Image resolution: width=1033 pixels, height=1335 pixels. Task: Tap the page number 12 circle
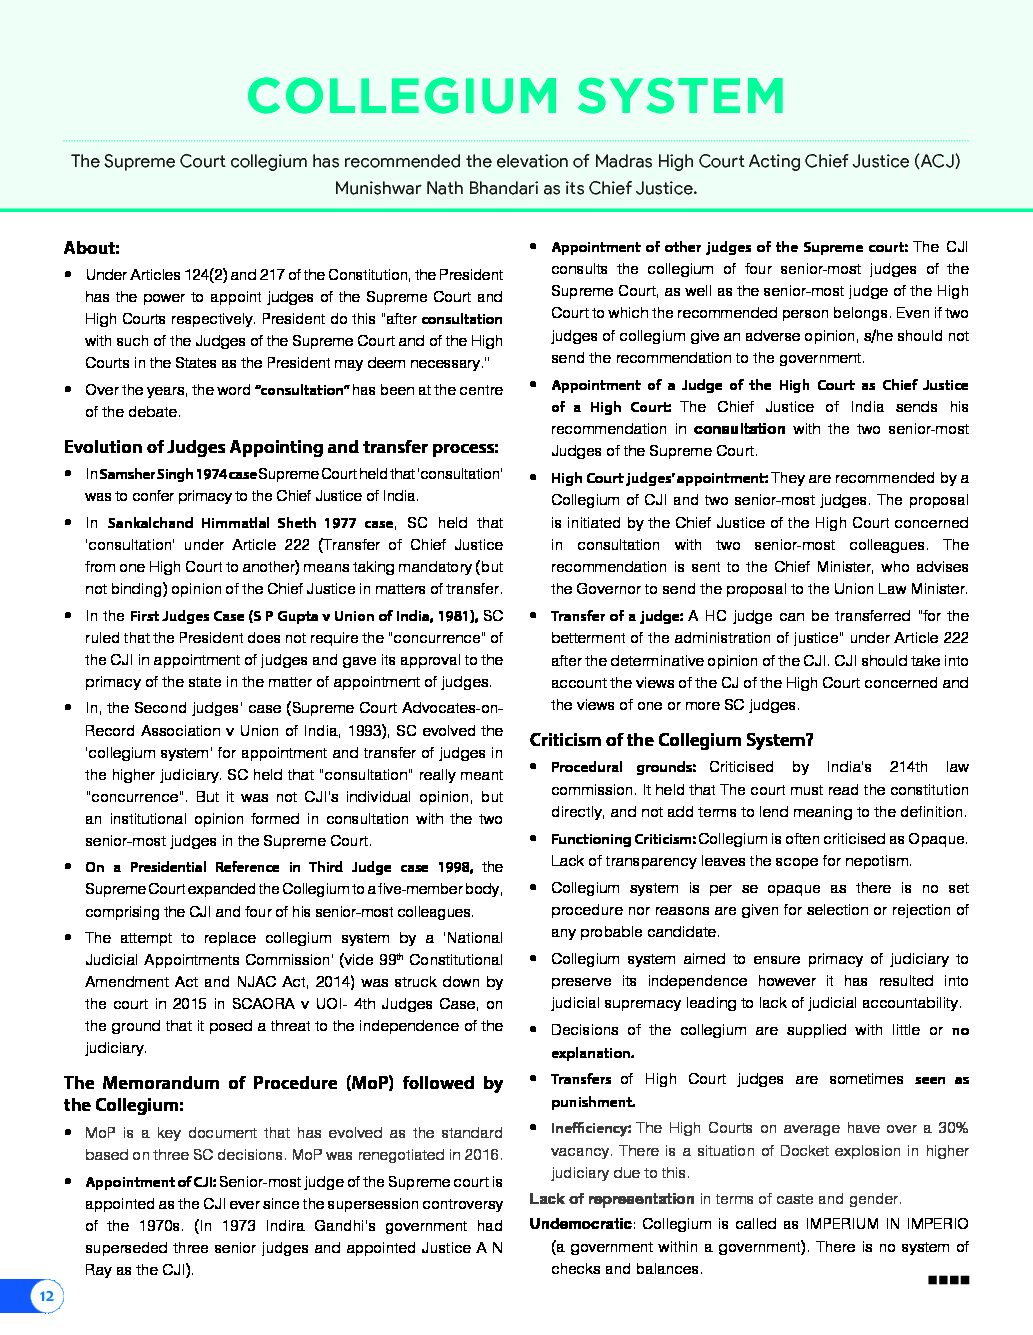46,1297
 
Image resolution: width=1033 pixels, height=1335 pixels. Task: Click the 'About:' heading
91,248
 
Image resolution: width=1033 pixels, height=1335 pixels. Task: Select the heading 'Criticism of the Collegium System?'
671,740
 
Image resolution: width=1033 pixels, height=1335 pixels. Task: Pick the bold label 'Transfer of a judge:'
617,616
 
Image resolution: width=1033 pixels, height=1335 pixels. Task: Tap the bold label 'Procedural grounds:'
623,767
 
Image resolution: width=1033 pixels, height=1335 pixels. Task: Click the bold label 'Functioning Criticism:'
623,839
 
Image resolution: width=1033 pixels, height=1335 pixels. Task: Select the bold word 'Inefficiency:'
590,1128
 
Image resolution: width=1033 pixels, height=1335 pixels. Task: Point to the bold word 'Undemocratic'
580,1224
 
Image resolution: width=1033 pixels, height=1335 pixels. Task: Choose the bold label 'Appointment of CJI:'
150,1182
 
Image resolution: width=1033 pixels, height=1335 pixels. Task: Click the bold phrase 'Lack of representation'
611,1198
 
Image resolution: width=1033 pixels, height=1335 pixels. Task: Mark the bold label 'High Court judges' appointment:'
659,479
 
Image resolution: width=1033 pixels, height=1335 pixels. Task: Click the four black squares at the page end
949,1279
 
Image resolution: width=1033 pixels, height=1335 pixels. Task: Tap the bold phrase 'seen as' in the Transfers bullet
942,1080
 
